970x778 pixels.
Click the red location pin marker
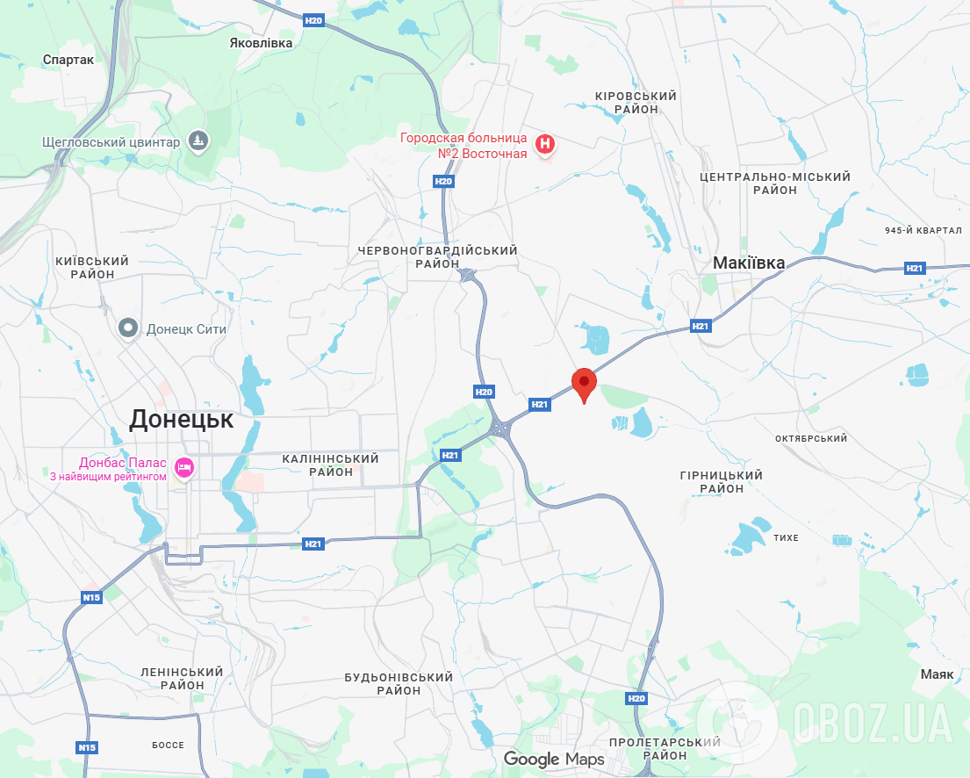(584, 384)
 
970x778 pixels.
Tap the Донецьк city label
(182, 420)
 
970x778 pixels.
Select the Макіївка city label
(749, 263)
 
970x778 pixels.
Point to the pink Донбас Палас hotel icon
(184, 468)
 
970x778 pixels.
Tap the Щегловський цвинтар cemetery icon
(200, 141)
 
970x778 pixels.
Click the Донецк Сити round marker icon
(129, 328)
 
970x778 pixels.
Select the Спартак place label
(68, 60)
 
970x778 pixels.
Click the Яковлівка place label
(261, 42)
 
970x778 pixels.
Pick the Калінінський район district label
(331, 465)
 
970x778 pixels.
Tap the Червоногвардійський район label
(438, 257)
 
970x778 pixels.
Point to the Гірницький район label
(722, 481)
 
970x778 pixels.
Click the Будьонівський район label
(399, 683)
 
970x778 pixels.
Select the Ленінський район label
(182, 678)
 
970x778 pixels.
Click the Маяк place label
(937, 674)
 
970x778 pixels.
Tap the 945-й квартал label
(923, 230)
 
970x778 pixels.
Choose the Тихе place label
(787, 537)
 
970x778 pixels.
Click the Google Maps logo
(554, 759)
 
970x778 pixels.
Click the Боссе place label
(168, 745)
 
